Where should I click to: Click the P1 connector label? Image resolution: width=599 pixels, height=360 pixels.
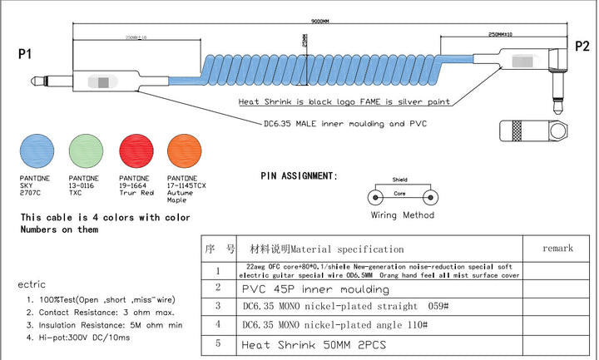[25, 54]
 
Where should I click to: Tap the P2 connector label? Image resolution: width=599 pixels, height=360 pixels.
[582, 46]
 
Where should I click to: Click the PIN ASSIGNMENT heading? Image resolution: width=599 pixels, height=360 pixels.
[299, 176]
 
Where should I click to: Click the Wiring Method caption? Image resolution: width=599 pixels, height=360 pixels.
[402, 215]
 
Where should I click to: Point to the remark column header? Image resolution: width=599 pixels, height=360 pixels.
[557, 248]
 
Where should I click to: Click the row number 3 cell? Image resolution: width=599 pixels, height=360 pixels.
[218, 306]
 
